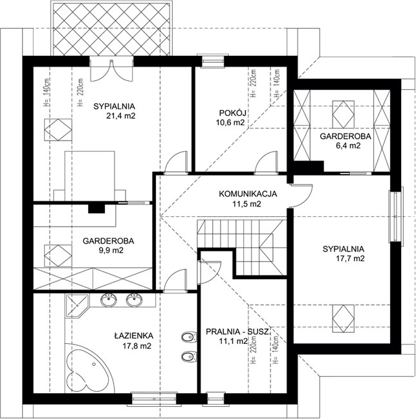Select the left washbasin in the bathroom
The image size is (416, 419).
109,300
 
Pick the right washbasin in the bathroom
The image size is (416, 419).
135,300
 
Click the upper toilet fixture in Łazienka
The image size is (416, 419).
190,337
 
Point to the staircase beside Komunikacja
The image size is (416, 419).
242,247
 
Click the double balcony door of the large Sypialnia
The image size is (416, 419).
111,69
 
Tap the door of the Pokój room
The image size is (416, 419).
267,163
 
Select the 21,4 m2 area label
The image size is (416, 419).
120,116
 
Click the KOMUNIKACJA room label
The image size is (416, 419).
248,194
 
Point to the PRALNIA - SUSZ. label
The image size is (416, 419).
239,332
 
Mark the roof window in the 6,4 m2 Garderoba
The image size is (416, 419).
344,115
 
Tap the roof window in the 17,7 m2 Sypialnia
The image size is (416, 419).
344,319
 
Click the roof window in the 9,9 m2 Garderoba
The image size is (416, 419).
58,255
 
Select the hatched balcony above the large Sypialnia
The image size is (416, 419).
111,29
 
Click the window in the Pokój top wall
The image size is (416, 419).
213,61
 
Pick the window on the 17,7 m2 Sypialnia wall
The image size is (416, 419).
396,214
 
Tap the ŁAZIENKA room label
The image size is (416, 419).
134,335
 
